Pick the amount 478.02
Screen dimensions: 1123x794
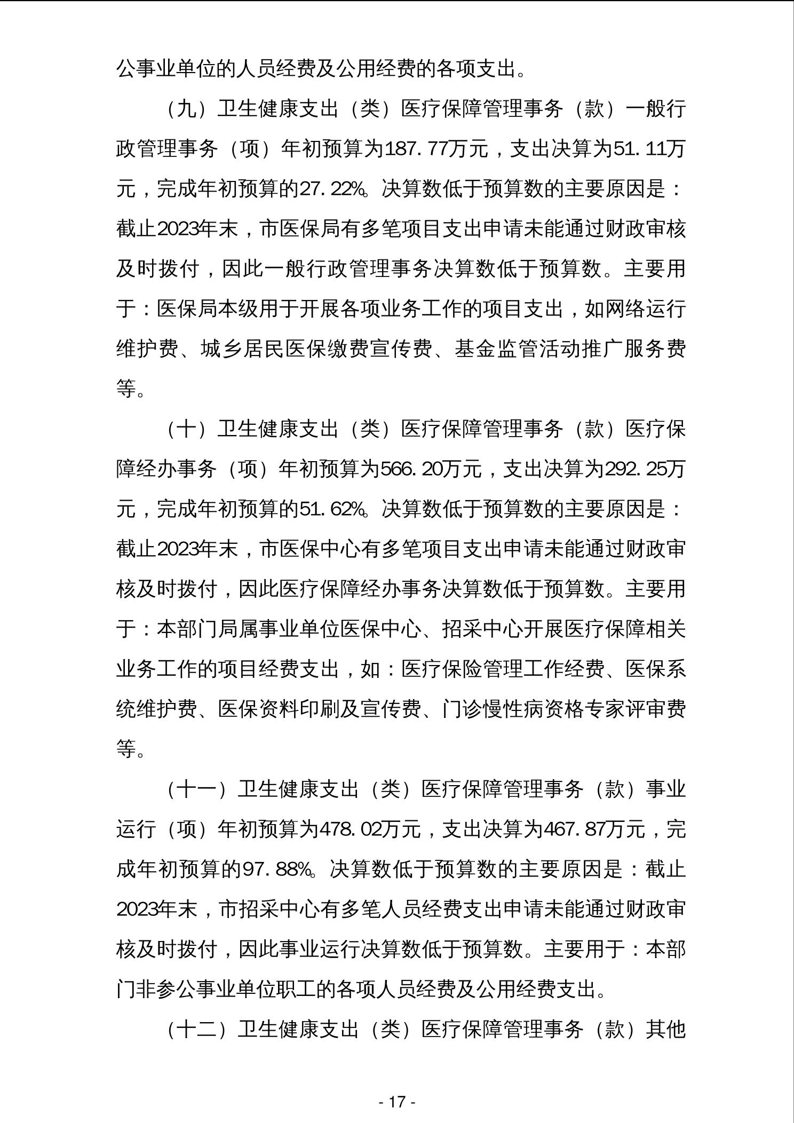pyautogui.click(x=352, y=829)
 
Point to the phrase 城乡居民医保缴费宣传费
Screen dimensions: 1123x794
pyautogui.click(x=316, y=349)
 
